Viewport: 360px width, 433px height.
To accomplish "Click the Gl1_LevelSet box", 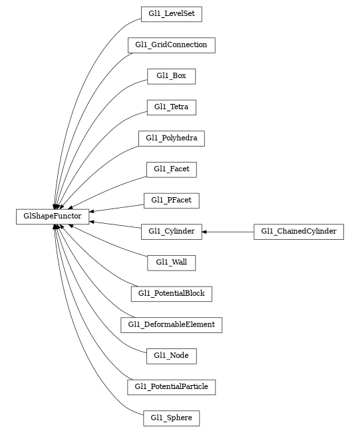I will point(171,14).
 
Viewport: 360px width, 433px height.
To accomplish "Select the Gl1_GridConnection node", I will point(171,45).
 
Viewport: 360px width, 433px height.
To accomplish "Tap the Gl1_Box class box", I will point(171,76).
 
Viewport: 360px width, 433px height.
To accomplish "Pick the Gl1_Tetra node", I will point(171,107).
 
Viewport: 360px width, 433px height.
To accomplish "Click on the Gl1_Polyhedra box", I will point(171,138).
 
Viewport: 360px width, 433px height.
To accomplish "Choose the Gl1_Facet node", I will point(171,169).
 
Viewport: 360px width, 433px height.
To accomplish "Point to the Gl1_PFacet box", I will point(171,200).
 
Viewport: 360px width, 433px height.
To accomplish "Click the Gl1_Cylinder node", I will point(171,231).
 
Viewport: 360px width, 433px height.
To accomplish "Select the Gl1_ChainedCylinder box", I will point(298,231).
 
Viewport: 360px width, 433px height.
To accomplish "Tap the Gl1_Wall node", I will point(171,262).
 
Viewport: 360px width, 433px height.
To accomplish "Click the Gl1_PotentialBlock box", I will point(171,293).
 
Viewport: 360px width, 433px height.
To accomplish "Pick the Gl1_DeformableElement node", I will point(171,324).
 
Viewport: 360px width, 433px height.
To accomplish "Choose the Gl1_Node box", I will point(171,356).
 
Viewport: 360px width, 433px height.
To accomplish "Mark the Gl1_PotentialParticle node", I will point(171,386).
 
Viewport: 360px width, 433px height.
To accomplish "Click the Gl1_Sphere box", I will point(171,418).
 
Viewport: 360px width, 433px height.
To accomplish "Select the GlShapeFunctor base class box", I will point(53,216).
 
